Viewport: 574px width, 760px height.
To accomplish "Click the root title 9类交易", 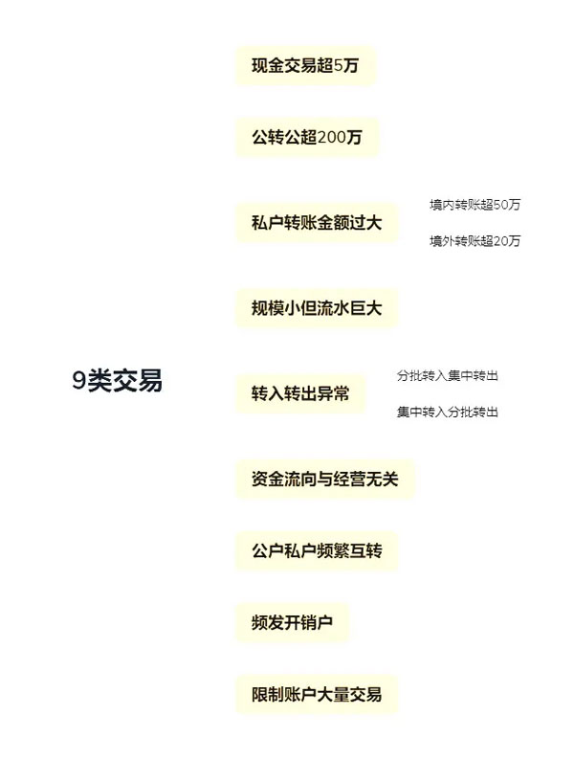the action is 118,380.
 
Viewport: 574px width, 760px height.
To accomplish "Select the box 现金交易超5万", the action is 305,65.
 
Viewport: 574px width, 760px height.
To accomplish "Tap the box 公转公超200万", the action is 307,137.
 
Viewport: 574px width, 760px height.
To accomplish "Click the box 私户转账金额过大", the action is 317,223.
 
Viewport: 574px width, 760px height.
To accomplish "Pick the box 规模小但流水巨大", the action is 317,308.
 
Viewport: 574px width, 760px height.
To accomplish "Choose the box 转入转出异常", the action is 300,393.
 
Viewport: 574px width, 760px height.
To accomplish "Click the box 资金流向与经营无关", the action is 325,479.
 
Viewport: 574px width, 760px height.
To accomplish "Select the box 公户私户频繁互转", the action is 317,550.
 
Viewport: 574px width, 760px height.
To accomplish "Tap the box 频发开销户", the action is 292,622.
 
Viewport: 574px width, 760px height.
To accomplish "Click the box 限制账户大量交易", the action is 317,694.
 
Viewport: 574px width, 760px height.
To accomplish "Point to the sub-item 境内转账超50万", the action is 475,205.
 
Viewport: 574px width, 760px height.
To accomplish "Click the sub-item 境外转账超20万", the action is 475,241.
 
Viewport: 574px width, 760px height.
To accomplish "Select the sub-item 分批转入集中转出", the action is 448,375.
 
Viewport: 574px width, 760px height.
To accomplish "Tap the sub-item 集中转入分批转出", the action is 448,412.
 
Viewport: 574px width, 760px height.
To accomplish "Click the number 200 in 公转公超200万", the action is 332,138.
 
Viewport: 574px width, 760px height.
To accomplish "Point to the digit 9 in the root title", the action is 79,381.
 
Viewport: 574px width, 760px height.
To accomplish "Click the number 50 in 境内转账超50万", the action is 501,205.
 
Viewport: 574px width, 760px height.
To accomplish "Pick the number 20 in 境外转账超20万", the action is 501,241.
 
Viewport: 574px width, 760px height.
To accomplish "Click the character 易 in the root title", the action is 150,381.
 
